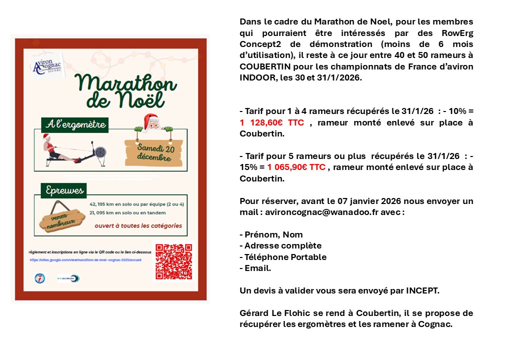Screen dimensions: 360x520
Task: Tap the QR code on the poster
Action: [x=173, y=261]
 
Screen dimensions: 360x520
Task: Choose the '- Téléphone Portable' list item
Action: [x=283, y=257]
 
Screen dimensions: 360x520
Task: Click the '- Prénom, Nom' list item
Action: [x=271, y=234]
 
